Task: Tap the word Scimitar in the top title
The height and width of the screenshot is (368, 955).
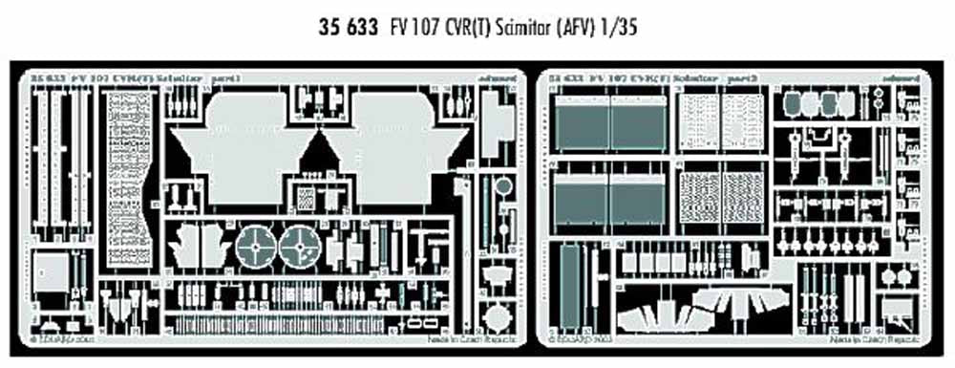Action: point(536,30)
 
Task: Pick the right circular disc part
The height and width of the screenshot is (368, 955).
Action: point(299,247)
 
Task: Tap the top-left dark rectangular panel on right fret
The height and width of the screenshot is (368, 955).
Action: point(580,123)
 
